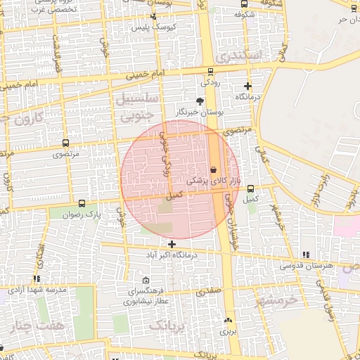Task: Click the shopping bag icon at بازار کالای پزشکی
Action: click(x=213, y=169)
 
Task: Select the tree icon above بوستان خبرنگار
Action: click(x=200, y=101)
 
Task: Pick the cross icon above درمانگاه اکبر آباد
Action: click(x=172, y=243)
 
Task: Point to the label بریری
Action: click(x=226, y=330)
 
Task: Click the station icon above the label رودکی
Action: click(x=210, y=72)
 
